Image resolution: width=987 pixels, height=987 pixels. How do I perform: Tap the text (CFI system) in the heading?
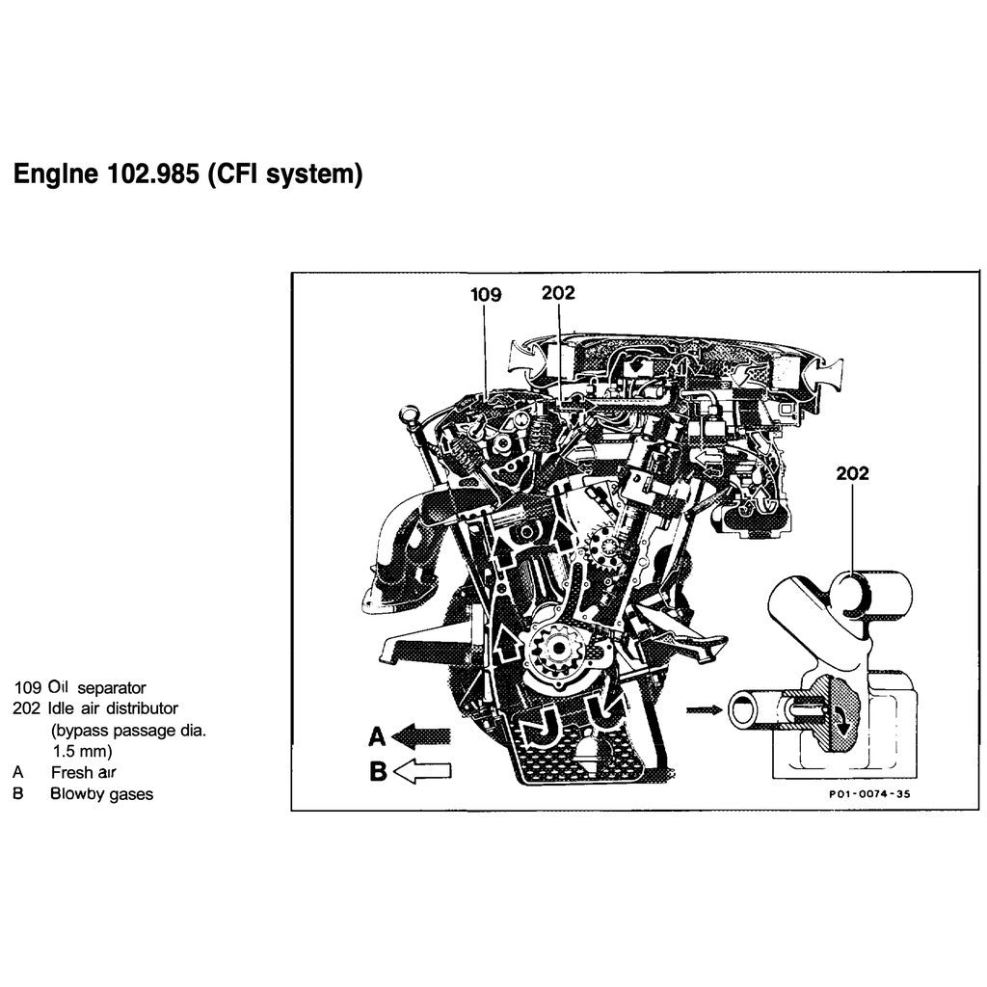point(285,175)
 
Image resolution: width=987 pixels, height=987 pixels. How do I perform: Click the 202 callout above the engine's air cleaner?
point(558,293)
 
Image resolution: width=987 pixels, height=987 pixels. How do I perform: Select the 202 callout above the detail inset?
point(852,473)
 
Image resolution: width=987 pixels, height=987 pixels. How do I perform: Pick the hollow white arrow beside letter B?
point(423,770)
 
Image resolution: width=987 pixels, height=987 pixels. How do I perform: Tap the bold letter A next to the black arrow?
point(378,737)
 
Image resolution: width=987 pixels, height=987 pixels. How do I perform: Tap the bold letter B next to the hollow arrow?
point(378,771)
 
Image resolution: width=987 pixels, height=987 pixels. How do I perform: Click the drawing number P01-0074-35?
point(868,795)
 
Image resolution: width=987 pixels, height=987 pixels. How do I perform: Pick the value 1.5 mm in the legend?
point(83,750)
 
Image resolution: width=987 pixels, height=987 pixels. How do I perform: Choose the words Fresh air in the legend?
point(85,772)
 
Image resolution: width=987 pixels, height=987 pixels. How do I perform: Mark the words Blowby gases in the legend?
point(101,794)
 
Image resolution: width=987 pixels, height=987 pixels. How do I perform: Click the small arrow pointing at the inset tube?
point(701,710)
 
